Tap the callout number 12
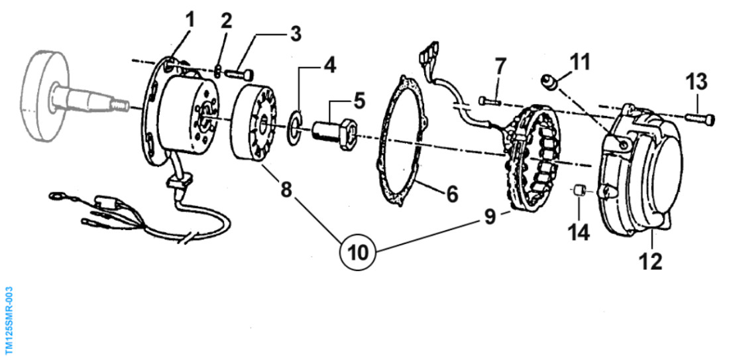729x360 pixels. click(x=650, y=261)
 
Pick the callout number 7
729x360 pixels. click(x=499, y=68)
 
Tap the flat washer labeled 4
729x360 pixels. click(x=295, y=128)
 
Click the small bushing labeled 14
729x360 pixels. click(x=579, y=190)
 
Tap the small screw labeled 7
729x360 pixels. click(x=488, y=100)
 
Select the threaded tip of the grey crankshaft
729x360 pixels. click(x=121, y=107)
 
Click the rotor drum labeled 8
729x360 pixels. click(x=254, y=125)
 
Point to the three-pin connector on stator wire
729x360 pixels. click(x=429, y=51)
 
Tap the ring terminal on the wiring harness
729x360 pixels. click(x=55, y=197)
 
